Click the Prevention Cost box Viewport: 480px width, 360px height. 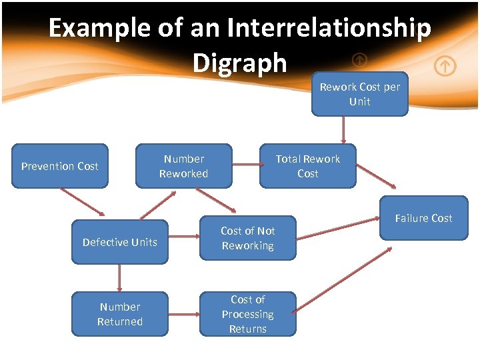tap(60, 166)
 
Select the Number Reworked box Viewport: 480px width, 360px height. tap(184, 166)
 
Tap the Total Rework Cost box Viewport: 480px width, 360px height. tap(308, 166)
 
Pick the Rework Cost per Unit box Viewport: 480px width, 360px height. tap(359, 94)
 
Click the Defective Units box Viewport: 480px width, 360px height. tap(120, 242)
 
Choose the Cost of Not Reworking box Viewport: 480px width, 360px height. tap(247, 238)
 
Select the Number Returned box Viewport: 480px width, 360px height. tap(120, 314)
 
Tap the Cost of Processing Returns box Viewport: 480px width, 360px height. tap(247, 314)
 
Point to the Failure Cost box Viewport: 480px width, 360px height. tap(423, 218)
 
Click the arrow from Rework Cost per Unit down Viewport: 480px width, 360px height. tap(343, 130)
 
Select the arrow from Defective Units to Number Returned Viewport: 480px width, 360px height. tap(120, 278)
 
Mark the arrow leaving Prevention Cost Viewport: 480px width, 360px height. tap(83, 202)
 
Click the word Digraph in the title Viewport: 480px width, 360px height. tap(239, 63)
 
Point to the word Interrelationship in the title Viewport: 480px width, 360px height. tap(329, 29)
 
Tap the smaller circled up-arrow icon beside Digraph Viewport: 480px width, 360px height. tap(359, 60)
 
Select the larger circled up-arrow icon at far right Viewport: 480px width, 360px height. tap(445, 66)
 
